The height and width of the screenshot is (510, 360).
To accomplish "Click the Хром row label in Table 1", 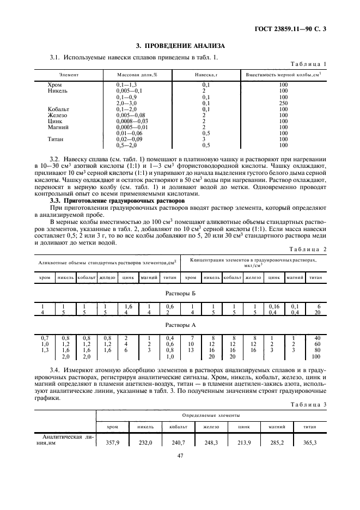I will [x=54, y=85].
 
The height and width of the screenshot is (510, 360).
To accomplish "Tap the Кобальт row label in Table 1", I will [x=58, y=109].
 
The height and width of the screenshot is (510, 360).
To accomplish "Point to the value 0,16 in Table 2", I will [x=273, y=307].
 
